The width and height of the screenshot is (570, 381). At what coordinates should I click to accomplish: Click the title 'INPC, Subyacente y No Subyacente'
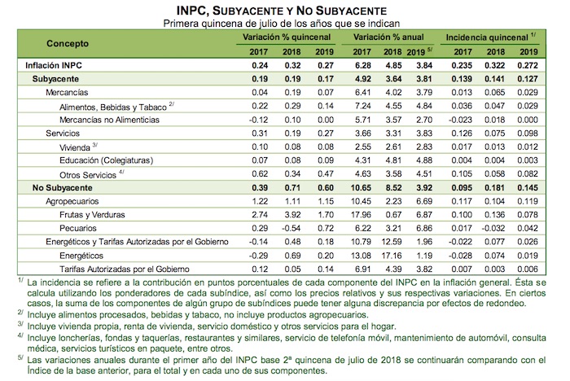285,10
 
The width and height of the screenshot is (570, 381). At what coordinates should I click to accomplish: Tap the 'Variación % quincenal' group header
285,37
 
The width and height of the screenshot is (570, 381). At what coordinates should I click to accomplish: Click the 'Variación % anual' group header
389,37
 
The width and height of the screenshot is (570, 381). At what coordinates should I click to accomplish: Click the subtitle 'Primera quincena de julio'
285,23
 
